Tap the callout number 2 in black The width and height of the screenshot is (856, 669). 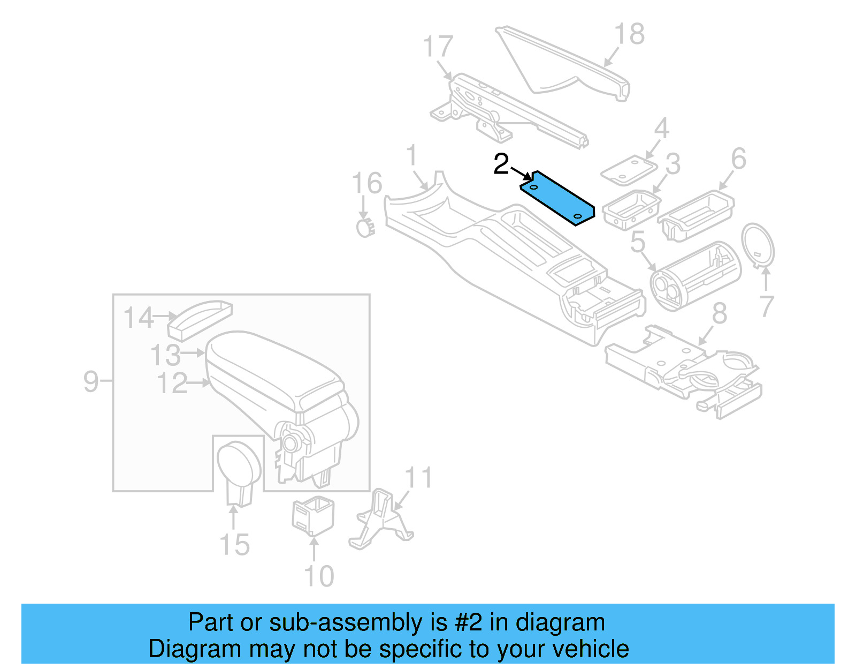pyautogui.click(x=501, y=164)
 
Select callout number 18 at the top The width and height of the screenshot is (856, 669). pyautogui.click(x=629, y=35)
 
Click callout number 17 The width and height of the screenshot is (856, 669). pyautogui.click(x=438, y=47)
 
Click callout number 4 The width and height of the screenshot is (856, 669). pyautogui.click(x=661, y=129)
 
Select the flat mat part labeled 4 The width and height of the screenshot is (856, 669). pyautogui.click(x=629, y=170)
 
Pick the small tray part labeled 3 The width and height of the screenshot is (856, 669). pyautogui.click(x=631, y=209)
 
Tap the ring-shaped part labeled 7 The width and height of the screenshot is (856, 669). pyautogui.click(x=758, y=244)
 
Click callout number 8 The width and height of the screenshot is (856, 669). pyautogui.click(x=719, y=313)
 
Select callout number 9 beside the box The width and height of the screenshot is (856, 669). pyautogui.click(x=91, y=381)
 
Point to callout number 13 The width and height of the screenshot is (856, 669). pyautogui.click(x=165, y=355)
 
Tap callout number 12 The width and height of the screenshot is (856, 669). pyautogui.click(x=172, y=384)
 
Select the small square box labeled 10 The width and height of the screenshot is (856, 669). pyautogui.click(x=313, y=515)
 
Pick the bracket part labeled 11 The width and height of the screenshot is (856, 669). pyautogui.click(x=381, y=520)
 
